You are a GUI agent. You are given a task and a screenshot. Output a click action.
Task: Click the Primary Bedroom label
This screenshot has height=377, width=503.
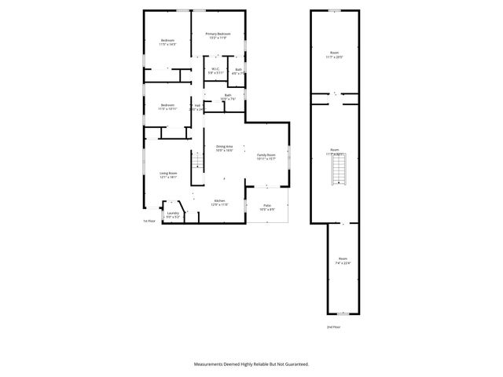coord(218,35)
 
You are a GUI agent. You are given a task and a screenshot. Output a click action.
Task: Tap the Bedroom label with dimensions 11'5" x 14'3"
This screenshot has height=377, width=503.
coord(167,42)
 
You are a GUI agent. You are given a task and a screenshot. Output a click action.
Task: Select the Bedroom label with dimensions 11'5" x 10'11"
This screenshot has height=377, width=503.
coord(167,107)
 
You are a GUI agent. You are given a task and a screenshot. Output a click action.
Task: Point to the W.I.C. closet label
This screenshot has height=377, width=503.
coord(214,71)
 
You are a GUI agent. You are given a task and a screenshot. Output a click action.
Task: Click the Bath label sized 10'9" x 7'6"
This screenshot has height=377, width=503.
coord(228,98)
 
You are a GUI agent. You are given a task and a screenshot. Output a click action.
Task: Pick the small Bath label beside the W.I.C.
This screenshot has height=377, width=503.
coord(238,71)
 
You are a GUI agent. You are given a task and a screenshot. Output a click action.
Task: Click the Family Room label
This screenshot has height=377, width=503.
coord(266,156)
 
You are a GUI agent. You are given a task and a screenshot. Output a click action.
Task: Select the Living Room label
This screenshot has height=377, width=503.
coord(168,175)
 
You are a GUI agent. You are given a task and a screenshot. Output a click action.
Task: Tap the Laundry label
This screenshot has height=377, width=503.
coord(173,214)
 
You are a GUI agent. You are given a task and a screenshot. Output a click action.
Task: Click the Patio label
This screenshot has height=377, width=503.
coord(267,207)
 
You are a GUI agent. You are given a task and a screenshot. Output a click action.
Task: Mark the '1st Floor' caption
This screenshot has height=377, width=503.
coord(149,221)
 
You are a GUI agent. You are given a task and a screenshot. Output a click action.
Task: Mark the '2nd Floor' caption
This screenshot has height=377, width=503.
coord(335,326)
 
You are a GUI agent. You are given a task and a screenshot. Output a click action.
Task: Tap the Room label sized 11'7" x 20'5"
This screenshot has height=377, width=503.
coord(335,56)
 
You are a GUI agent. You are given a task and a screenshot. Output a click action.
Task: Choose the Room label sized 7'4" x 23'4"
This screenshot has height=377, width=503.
coord(343,261)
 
